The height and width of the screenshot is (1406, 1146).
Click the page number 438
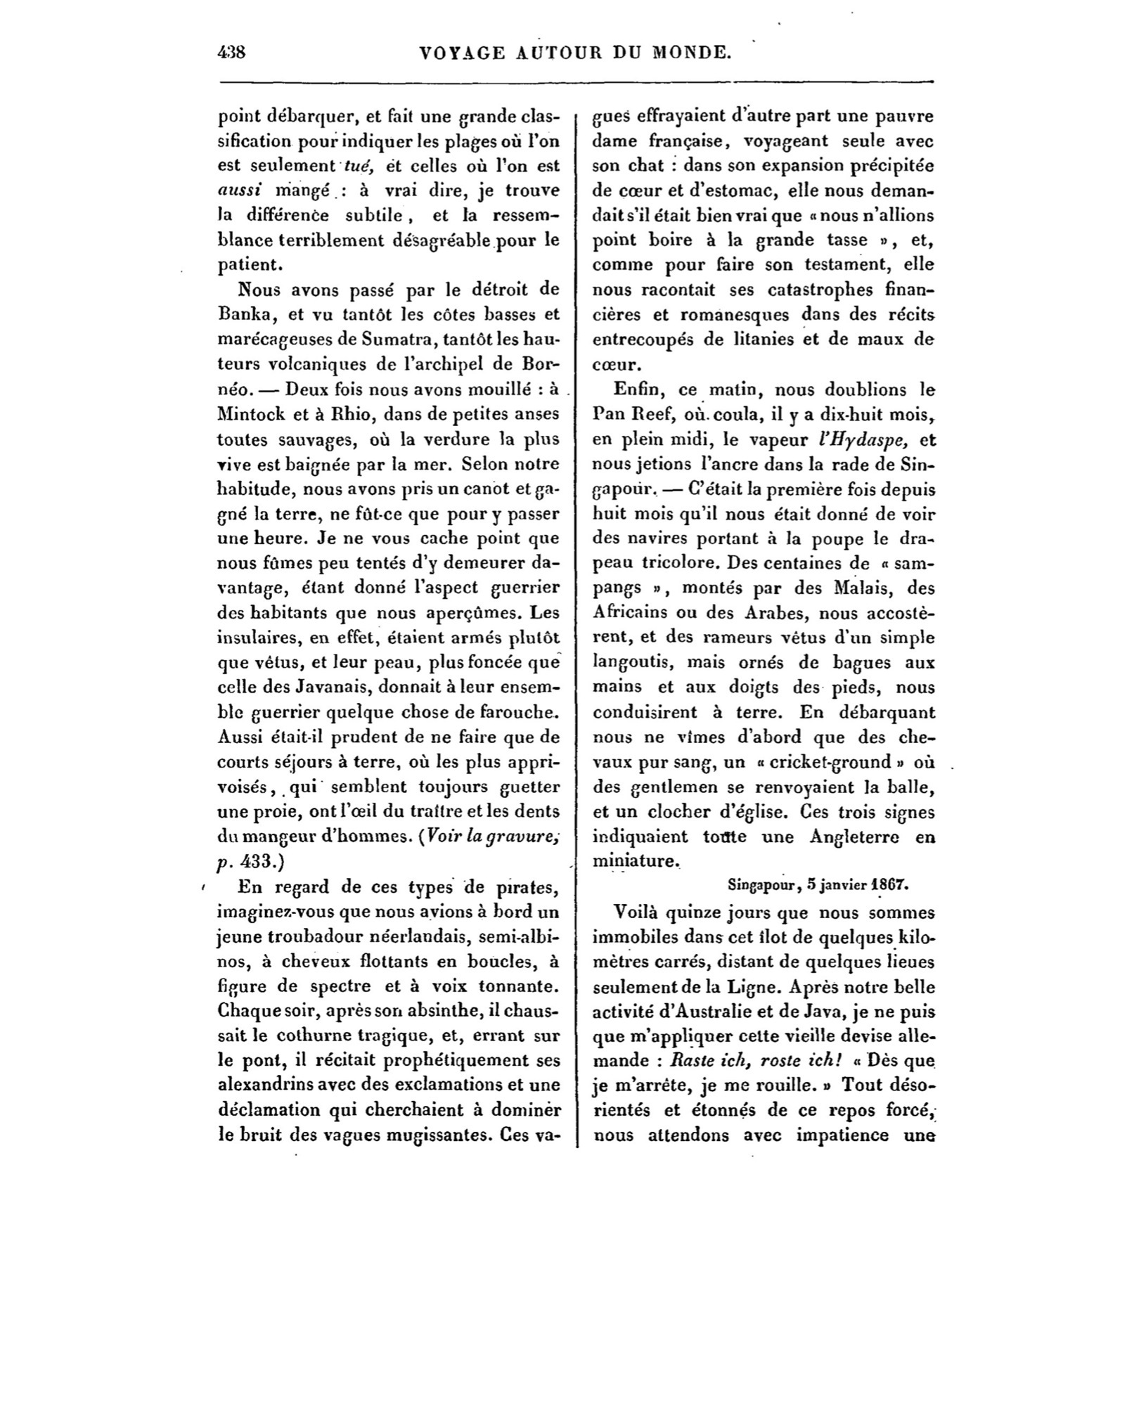tap(231, 52)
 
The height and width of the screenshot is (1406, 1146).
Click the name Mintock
tap(256, 414)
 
